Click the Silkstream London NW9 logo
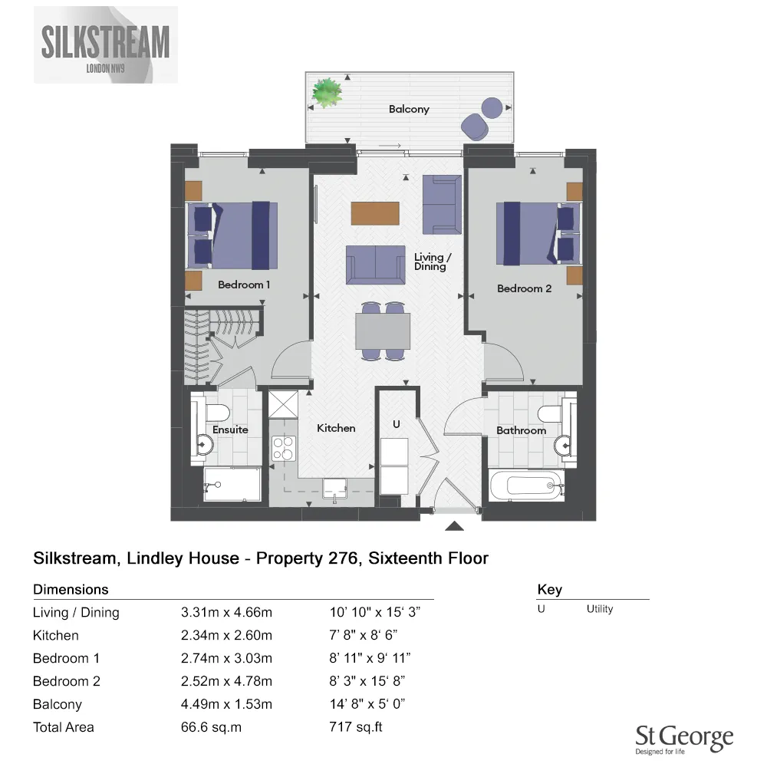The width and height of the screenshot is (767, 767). click(x=106, y=44)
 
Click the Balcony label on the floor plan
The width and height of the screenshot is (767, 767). click(x=409, y=109)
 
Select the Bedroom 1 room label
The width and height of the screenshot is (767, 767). click(x=244, y=285)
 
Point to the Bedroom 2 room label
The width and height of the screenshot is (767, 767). click(x=524, y=288)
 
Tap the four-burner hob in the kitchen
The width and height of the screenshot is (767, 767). click(x=284, y=448)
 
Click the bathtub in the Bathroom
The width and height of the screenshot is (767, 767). click(x=525, y=486)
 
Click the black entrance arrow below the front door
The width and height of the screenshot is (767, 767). click(x=455, y=525)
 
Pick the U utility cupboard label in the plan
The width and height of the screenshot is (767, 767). click(x=396, y=423)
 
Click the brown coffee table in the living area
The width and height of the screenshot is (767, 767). click(x=375, y=212)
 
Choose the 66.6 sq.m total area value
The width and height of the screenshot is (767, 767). click(x=210, y=726)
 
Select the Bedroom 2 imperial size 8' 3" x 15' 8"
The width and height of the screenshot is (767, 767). click(x=366, y=681)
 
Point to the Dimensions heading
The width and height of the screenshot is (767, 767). click(x=71, y=590)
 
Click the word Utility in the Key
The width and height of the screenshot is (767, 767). click(x=600, y=609)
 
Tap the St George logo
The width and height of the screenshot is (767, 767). click(x=684, y=740)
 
